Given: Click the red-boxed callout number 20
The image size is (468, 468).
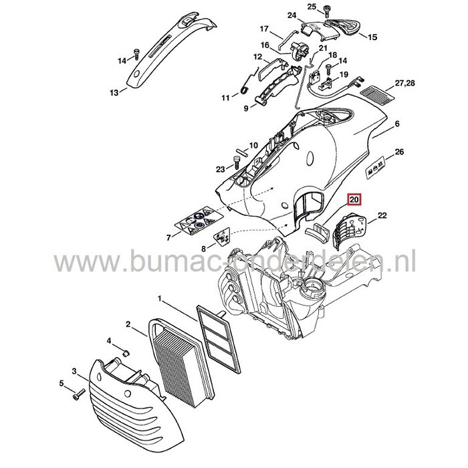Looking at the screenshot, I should pos(354,199).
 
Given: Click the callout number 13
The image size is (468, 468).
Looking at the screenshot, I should pos(113,92).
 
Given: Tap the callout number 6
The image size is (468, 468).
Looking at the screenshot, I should pos(397,124).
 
